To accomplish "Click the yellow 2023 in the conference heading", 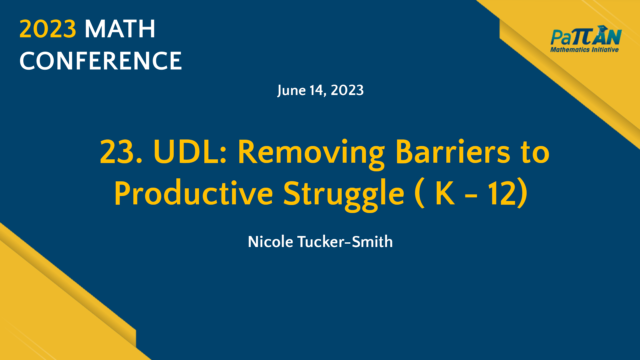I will [48, 29].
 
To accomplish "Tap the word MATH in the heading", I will [120, 29].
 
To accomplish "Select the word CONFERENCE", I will [101, 61].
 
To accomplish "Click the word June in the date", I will [291, 90].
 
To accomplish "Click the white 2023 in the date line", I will [347, 90].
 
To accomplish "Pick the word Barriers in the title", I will [452, 152].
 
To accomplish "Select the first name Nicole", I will [270, 242].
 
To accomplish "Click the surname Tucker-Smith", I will [345, 242].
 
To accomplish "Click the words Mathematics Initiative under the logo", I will [584, 50].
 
